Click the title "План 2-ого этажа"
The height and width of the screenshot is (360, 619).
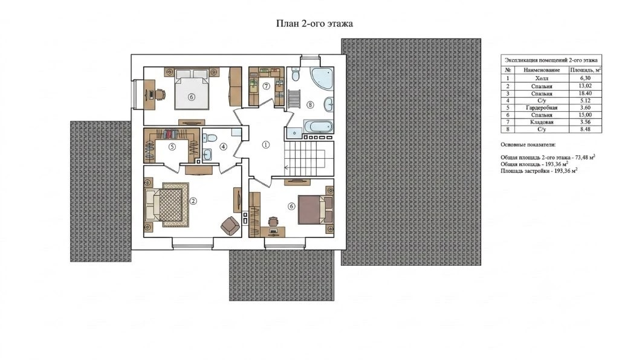pyautogui.click(x=314, y=24)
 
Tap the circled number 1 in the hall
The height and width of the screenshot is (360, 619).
pyautogui.click(x=266, y=145)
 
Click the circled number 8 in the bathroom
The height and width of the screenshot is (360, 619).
pyautogui.click(x=310, y=105)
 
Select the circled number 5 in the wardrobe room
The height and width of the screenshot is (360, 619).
pyautogui.click(x=172, y=147)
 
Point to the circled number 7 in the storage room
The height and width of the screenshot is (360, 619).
pyautogui.click(x=267, y=86)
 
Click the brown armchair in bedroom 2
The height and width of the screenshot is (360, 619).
pyautogui.click(x=230, y=225)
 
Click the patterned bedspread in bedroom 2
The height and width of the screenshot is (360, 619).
pyautogui.click(x=171, y=205)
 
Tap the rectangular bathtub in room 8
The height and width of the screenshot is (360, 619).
pyautogui.click(x=318, y=127)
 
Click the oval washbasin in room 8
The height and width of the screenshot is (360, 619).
pyautogui.click(x=328, y=105)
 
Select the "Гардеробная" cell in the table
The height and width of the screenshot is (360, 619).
pyautogui.click(x=542, y=108)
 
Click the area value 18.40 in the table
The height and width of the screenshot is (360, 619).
pyautogui.click(x=585, y=94)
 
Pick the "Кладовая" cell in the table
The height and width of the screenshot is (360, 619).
pyautogui.click(x=542, y=122)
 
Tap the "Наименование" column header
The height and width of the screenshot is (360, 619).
pyautogui.click(x=542, y=70)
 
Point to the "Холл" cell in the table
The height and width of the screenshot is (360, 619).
pyautogui.click(x=542, y=79)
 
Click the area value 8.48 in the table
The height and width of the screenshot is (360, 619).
pyautogui.click(x=585, y=129)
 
